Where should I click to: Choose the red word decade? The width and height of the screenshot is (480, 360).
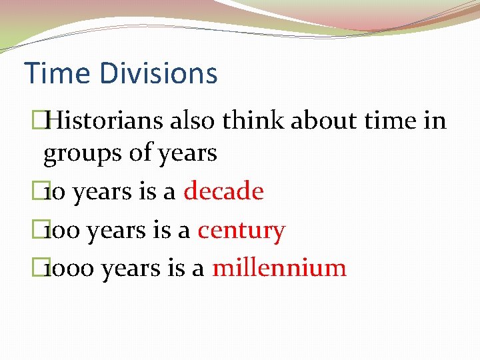[224, 192]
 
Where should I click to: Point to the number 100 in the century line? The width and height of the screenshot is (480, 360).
[61, 231]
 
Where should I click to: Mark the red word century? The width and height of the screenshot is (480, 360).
[241, 231]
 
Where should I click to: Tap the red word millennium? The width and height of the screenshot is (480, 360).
[279, 268]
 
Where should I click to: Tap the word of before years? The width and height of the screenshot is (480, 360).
[139, 153]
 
